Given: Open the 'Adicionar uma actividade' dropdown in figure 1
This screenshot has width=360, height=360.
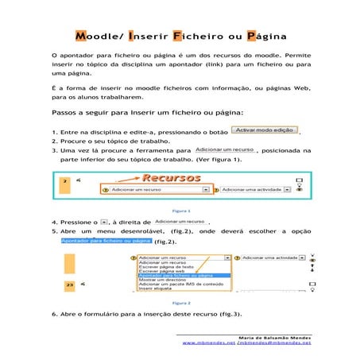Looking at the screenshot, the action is click(254, 190).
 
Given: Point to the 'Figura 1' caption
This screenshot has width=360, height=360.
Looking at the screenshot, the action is click(180, 211).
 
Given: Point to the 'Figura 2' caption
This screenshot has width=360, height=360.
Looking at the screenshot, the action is click(180, 302).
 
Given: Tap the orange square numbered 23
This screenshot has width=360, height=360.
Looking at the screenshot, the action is click(70, 283).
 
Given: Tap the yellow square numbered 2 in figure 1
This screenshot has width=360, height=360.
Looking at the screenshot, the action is click(64, 182).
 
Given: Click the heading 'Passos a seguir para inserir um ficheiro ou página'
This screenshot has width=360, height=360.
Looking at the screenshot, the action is click(148, 114).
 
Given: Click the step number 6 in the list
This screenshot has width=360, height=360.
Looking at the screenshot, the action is click(53, 315).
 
